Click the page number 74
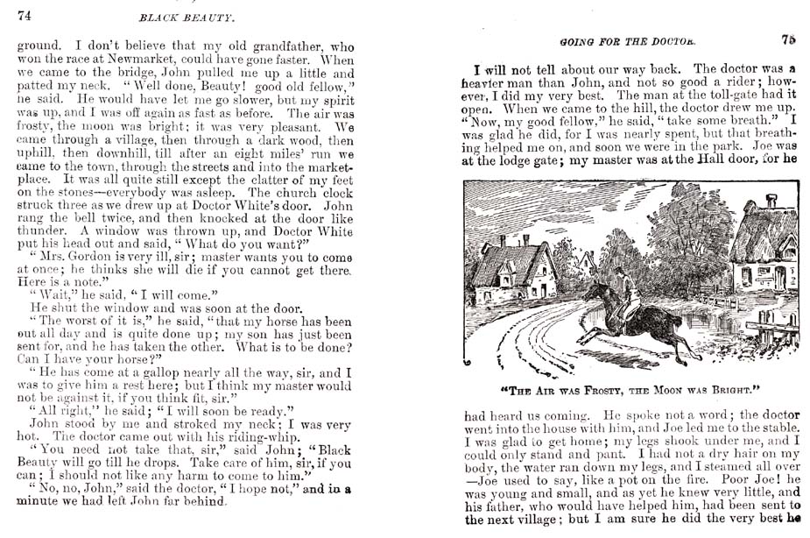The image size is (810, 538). point(24,15)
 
